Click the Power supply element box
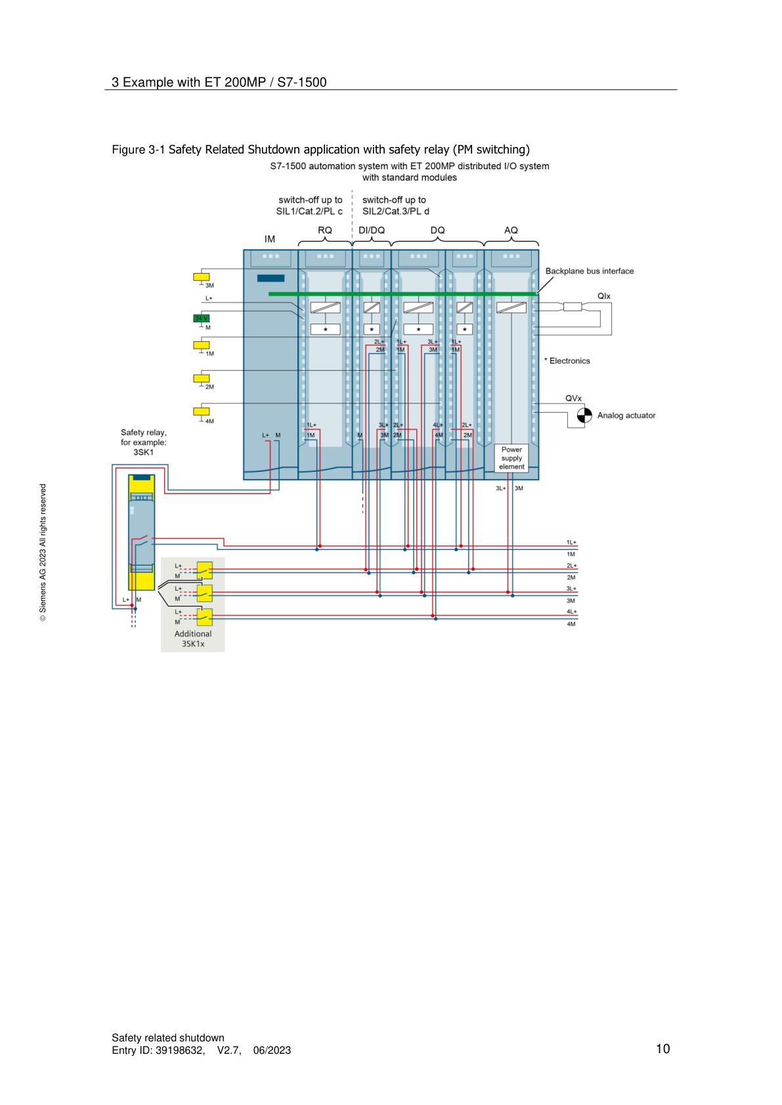click(x=511, y=458)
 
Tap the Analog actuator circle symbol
click(x=584, y=415)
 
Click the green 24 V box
click(x=201, y=318)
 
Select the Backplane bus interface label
click(x=589, y=271)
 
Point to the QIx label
click(x=603, y=296)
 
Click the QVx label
click(x=573, y=398)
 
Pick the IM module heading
click(x=270, y=239)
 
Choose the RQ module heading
click(x=325, y=230)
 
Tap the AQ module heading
click(x=511, y=230)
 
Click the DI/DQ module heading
click(x=372, y=230)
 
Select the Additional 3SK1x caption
click(x=193, y=638)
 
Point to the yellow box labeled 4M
click(x=201, y=411)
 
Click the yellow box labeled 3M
click(x=201, y=277)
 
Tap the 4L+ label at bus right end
click(x=571, y=612)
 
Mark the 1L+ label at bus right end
click(x=571, y=543)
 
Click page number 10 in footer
click(x=663, y=1049)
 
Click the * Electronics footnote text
click(x=567, y=361)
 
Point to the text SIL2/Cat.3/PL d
click(x=396, y=211)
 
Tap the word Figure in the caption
click(x=128, y=150)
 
